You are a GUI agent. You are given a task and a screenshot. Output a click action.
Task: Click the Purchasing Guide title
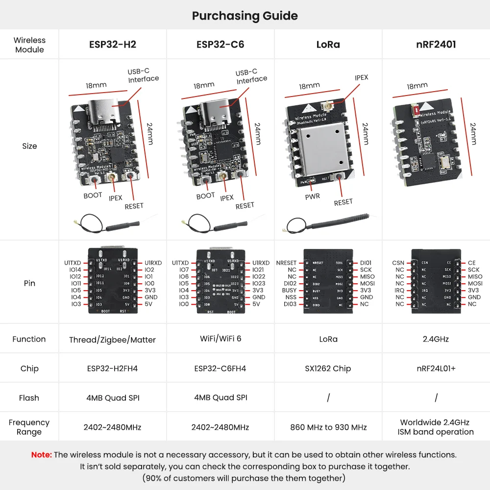tap(245, 16)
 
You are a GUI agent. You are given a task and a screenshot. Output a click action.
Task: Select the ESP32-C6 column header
tap(220, 45)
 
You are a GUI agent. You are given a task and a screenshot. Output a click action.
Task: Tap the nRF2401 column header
tap(436, 45)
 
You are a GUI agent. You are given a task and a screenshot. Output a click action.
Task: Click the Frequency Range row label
tap(29, 427)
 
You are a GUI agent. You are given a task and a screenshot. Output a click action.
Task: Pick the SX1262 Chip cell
tap(328, 368)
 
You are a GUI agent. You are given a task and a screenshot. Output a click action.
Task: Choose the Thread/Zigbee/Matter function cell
tap(112, 340)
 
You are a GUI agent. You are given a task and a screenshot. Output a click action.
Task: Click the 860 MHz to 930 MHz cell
tap(328, 427)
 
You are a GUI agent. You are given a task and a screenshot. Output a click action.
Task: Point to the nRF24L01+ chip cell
tap(436, 368)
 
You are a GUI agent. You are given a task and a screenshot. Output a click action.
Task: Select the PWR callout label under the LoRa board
tap(312, 196)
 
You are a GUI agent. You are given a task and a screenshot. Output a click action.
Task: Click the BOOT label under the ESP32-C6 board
tap(205, 196)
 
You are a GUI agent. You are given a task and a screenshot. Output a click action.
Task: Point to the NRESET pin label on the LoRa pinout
tap(286, 263)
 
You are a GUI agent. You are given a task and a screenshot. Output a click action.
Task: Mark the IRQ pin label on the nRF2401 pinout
tap(399, 291)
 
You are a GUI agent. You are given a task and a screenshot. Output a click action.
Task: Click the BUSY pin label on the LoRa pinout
tap(289, 291)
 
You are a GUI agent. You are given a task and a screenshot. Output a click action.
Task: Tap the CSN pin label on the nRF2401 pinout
tap(398, 263)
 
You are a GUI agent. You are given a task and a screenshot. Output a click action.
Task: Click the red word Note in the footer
tap(41, 455)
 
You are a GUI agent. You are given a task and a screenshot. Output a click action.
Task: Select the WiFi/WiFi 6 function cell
tap(220, 339)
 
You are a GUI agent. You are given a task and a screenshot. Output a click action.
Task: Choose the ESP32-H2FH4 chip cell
tap(112, 368)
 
